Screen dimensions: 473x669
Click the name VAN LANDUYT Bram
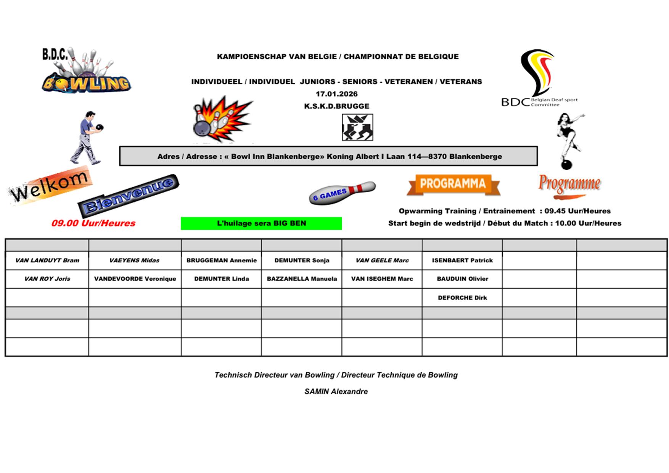point(47,261)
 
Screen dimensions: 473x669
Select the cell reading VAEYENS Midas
point(134,261)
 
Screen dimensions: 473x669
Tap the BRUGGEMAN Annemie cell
point(221,261)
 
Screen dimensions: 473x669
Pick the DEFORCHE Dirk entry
point(462,298)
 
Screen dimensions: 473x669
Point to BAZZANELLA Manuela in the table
point(302,279)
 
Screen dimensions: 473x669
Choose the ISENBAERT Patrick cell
point(462,261)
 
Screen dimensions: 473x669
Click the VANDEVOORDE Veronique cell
point(135,279)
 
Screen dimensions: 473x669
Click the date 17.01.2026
point(336,94)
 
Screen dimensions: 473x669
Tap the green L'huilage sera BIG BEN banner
point(261,224)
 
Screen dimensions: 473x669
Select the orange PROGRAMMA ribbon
point(453,184)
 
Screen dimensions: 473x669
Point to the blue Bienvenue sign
point(129,195)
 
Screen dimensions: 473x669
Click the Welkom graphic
point(50,186)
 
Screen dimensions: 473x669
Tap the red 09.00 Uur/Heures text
point(93,223)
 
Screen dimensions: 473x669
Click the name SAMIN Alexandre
point(336,392)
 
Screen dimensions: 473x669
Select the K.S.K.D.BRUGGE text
point(336,106)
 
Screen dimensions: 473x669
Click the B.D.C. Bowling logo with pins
point(86,71)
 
